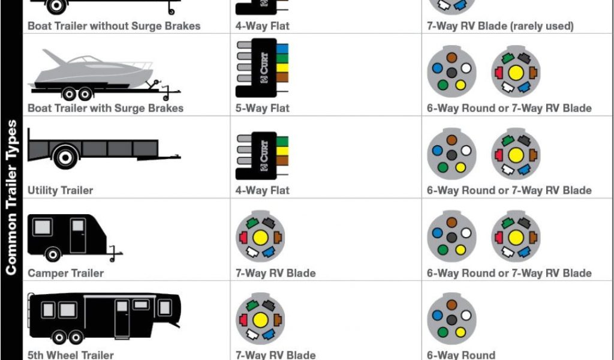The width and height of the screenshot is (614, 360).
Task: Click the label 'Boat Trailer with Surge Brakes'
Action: (106, 109)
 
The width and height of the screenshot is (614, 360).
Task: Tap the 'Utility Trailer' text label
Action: (61, 191)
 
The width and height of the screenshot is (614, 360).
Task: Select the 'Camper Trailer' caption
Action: (66, 274)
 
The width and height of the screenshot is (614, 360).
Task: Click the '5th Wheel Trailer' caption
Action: (71, 355)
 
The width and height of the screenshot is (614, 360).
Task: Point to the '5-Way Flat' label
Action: (263, 109)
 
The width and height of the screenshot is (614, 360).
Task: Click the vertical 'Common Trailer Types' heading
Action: (11, 197)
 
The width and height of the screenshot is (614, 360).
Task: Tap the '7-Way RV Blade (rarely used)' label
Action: (500, 26)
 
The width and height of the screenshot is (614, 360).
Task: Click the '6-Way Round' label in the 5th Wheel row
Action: (461, 355)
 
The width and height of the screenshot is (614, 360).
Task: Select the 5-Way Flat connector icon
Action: (261, 68)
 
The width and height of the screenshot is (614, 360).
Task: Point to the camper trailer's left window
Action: (43, 227)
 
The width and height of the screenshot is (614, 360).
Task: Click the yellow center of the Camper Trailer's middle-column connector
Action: (260, 237)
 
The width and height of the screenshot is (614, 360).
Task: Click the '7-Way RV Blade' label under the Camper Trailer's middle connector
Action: (276, 274)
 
